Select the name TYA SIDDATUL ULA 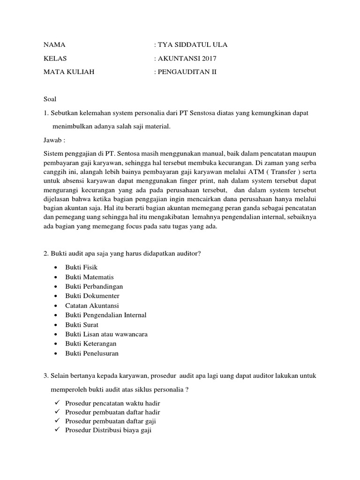(x=192, y=45)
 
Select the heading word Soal (x=49, y=99)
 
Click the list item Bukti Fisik (x=82, y=267)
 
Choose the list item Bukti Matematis (x=90, y=277)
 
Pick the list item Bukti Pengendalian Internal (x=106, y=315)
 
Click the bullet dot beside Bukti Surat (x=56, y=325)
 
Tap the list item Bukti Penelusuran (x=92, y=353)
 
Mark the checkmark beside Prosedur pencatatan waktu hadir (x=56, y=403)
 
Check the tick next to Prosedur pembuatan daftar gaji (x=56, y=421)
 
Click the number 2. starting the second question (x=46, y=254)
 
